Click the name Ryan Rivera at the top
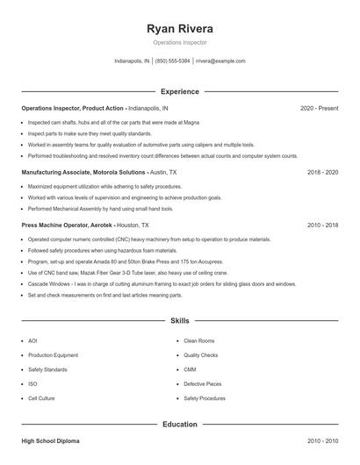(x=179, y=29)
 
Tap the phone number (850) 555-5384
(x=173, y=61)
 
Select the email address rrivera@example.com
(x=220, y=61)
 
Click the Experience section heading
(x=179, y=91)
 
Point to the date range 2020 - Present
(x=319, y=108)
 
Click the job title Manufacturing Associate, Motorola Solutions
(x=83, y=172)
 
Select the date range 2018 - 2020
(x=322, y=172)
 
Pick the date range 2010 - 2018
(x=322, y=225)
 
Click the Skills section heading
(x=179, y=321)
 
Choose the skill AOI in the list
(x=32, y=340)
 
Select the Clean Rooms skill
(x=199, y=340)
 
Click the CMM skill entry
(x=191, y=369)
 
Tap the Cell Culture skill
(x=41, y=398)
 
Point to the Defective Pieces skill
(x=203, y=383)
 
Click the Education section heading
(x=179, y=425)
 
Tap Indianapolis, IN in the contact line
(x=133, y=61)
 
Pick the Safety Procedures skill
(x=205, y=398)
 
